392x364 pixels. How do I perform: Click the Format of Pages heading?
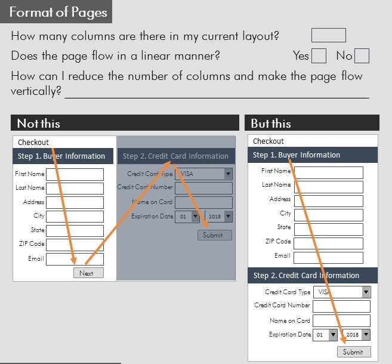point(58,12)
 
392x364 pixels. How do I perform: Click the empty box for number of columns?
point(328,36)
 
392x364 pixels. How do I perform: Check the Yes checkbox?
point(319,56)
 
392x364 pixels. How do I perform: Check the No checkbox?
point(362,56)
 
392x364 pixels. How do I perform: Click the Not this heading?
point(39,124)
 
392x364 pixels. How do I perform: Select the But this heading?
point(271,124)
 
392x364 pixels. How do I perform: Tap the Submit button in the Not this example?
point(214,235)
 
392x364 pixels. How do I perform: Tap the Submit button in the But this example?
point(354,352)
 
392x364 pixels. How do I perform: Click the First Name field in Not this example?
point(75,174)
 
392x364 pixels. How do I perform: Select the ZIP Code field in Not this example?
point(75,245)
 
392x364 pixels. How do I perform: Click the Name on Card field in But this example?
point(341,321)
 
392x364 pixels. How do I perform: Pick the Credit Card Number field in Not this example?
point(203,188)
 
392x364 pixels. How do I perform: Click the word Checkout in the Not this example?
point(33,142)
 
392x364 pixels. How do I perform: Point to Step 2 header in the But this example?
point(306,276)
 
